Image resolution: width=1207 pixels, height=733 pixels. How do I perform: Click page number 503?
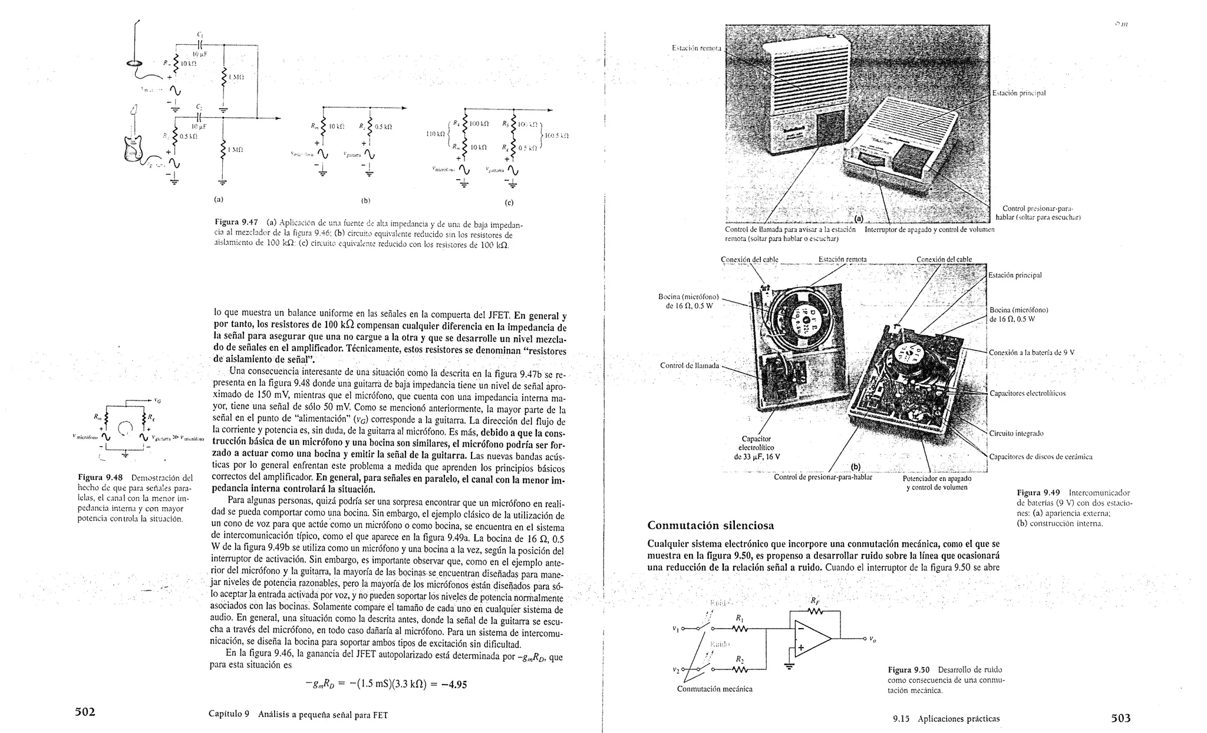tap(1120, 718)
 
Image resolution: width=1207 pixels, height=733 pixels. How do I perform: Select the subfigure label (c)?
tap(509, 203)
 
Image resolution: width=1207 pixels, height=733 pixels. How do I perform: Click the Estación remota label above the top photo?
tap(696, 47)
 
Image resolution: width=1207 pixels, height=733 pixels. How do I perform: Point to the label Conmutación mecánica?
tap(714, 689)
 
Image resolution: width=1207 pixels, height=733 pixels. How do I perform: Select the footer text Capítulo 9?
tap(229, 714)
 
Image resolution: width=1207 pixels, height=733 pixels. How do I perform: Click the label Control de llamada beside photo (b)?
tap(689, 365)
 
